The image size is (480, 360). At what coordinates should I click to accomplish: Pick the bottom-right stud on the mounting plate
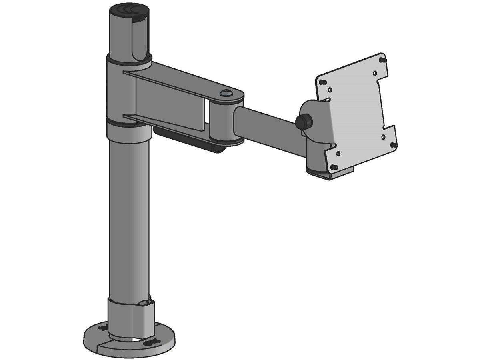(395, 144)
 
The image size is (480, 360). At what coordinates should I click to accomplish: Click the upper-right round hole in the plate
(374, 73)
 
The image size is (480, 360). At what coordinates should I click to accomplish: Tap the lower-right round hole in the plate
(383, 136)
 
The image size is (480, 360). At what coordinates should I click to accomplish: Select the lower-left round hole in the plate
(338, 153)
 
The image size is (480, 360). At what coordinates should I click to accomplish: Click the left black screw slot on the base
(103, 328)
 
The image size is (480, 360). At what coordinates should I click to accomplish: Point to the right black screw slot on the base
(153, 342)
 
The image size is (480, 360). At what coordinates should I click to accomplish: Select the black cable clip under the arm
(188, 138)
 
